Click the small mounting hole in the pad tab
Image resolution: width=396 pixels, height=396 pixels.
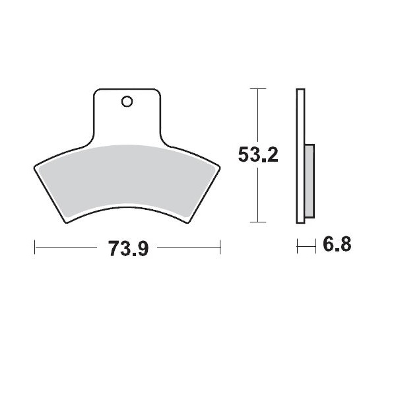[x=127, y=102]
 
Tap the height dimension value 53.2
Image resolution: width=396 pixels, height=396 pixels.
[x=258, y=155]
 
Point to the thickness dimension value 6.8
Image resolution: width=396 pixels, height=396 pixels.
[x=337, y=246]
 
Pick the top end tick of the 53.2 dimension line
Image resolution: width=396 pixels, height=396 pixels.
[x=257, y=88]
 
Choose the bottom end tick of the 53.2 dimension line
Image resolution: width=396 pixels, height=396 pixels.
[x=257, y=222]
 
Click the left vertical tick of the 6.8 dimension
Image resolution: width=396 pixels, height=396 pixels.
[x=298, y=246]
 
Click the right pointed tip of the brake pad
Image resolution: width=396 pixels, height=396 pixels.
[x=220, y=166]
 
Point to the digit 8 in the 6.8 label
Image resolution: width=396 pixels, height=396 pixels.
[x=345, y=246]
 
